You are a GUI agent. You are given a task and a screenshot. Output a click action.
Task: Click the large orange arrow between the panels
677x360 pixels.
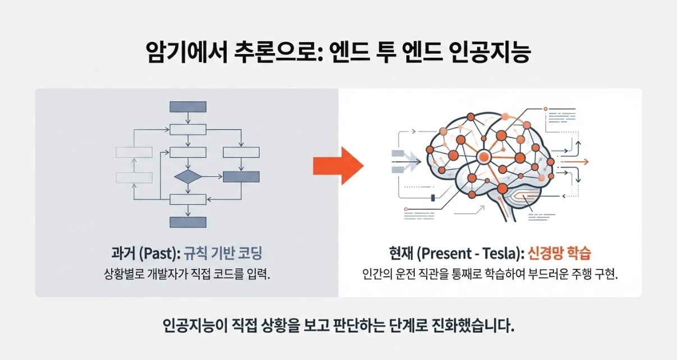point(338,164)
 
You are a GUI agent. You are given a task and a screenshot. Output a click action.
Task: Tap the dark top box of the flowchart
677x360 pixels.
point(187,106)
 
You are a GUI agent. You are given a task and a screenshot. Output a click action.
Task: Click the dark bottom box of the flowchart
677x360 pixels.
point(187,222)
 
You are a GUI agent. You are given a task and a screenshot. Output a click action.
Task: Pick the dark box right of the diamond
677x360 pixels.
point(241,176)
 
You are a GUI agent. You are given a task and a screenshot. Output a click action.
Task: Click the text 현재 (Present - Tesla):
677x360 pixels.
point(456,254)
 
